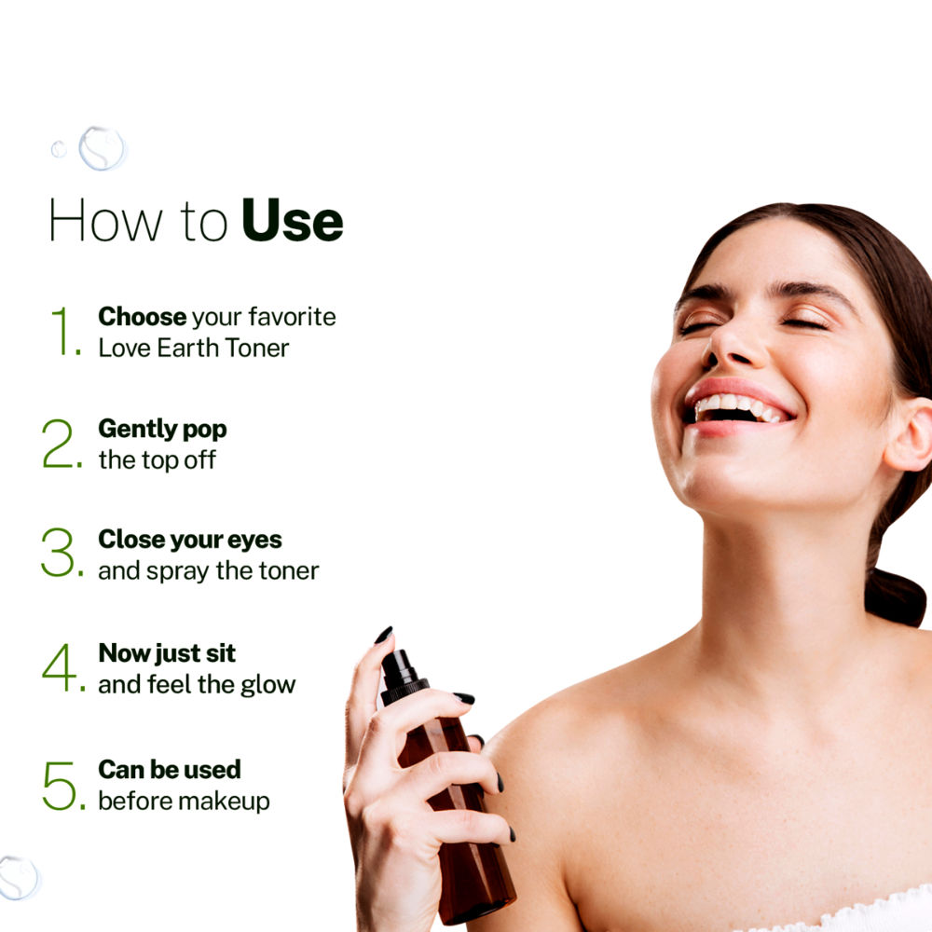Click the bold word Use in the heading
click(x=293, y=220)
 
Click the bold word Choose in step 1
click(x=142, y=316)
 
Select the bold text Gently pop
click(x=162, y=430)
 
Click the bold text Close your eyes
click(x=189, y=541)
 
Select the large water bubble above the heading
click(x=103, y=148)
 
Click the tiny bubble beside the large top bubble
click(x=59, y=149)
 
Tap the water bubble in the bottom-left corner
click(x=18, y=878)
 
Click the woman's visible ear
click(x=910, y=434)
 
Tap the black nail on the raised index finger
click(x=383, y=635)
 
